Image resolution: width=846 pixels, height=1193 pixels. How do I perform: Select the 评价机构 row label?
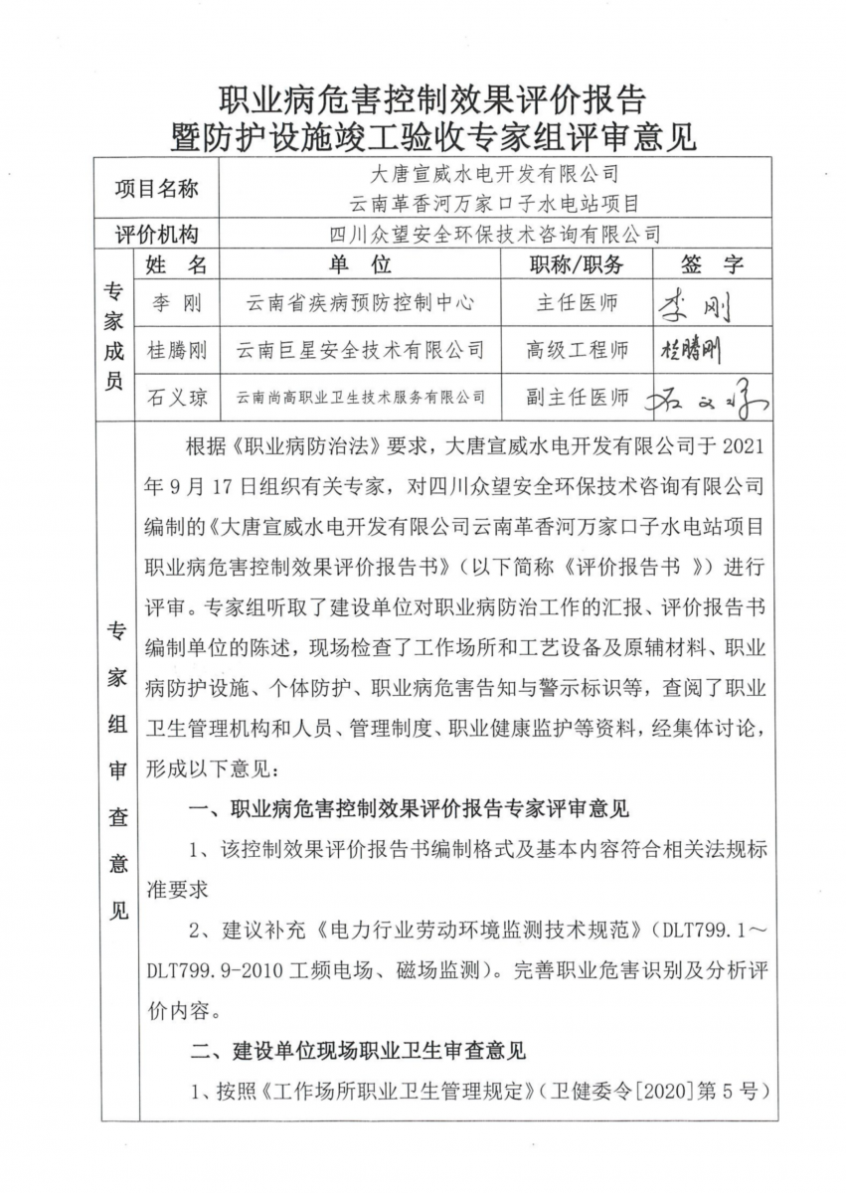click(157, 235)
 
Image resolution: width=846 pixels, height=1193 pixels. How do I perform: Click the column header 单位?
click(360, 265)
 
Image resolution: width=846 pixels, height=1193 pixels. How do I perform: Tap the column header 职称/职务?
click(577, 265)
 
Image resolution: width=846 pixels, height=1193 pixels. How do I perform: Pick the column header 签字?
click(712, 265)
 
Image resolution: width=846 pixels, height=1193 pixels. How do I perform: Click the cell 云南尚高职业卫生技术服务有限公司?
click(360, 398)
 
